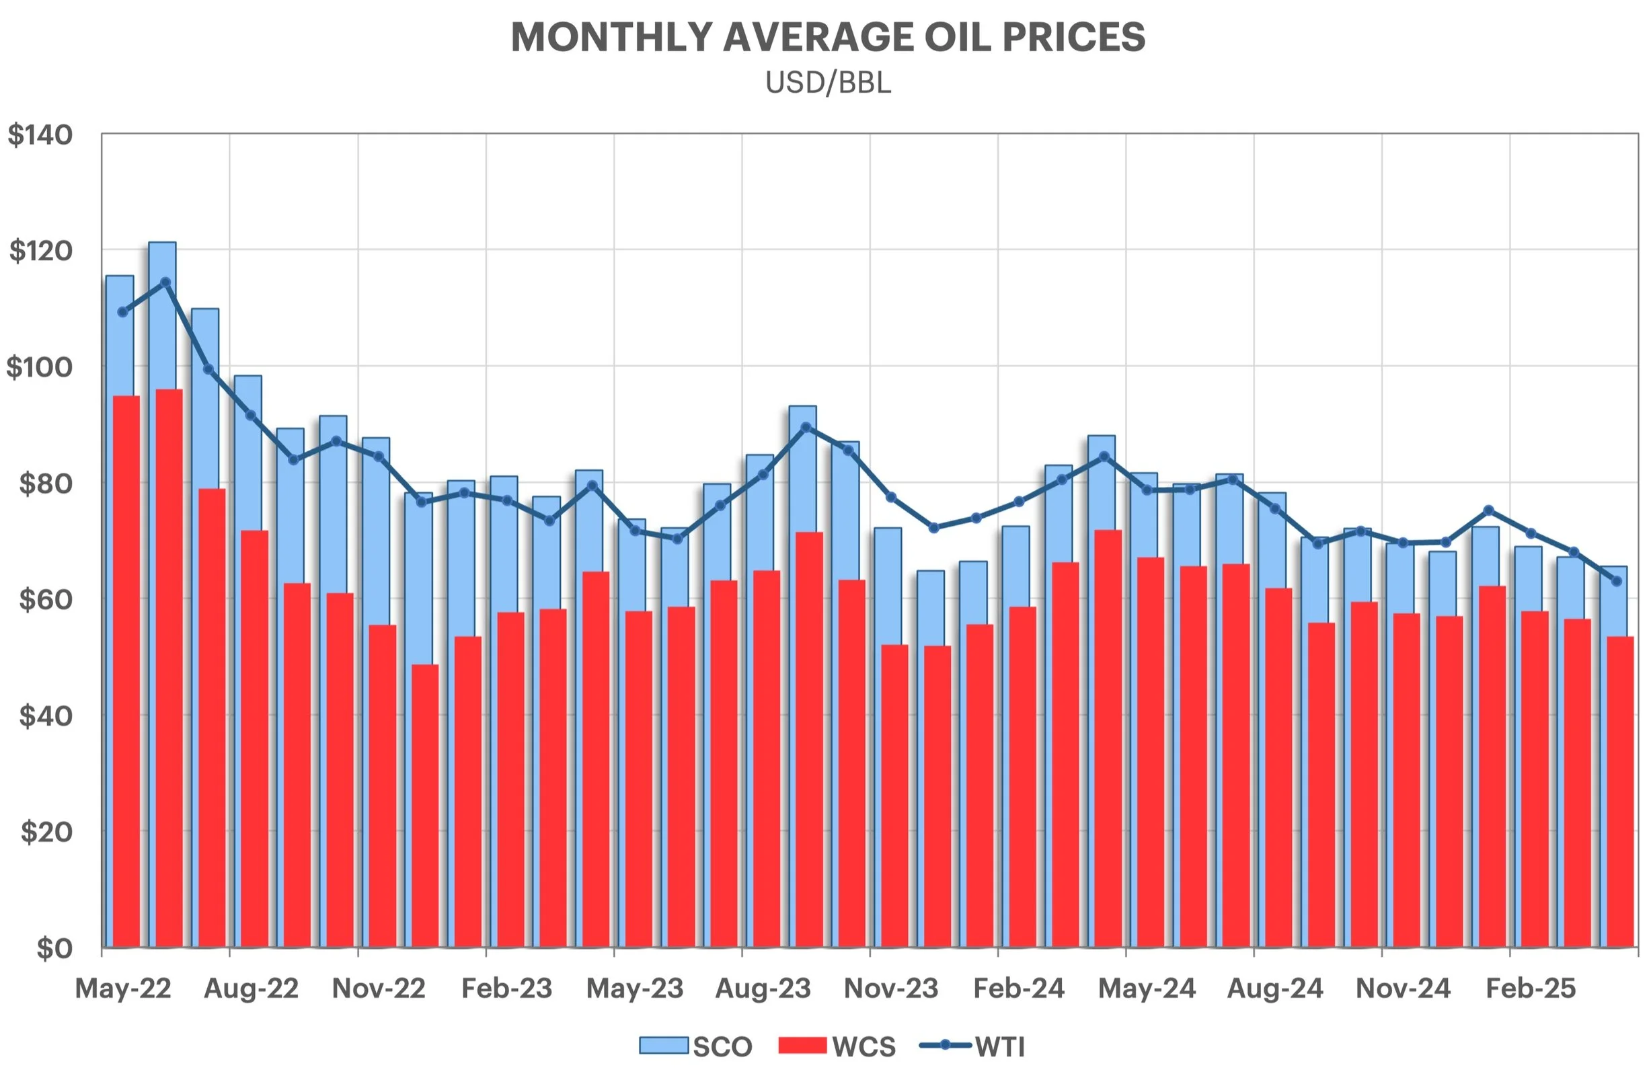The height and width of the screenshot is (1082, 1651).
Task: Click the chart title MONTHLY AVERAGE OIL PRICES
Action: (828, 38)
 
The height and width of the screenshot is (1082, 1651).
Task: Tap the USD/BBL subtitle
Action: (828, 83)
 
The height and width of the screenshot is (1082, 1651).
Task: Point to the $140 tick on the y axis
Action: (40, 135)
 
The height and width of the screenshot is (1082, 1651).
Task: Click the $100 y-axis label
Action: (40, 367)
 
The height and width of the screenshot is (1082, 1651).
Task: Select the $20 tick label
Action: (46, 832)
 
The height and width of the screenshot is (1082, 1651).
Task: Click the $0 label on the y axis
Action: (53, 948)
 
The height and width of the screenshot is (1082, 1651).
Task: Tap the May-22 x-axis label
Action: (123, 989)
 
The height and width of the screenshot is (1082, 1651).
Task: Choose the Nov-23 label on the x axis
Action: (890, 989)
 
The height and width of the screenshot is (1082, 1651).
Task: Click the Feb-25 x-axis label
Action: (1531, 989)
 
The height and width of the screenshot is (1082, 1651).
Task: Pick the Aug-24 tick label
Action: (1275, 989)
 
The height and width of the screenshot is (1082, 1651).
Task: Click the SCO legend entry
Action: (696, 1046)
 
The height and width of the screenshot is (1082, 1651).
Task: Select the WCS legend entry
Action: (837, 1046)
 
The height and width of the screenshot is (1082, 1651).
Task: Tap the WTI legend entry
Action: (971, 1046)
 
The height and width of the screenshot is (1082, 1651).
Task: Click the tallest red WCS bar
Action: (169, 666)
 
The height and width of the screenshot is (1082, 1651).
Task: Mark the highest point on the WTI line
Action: (165, 282)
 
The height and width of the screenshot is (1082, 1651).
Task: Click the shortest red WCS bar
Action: (425, 804)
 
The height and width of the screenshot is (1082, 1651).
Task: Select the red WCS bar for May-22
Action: (126, 669)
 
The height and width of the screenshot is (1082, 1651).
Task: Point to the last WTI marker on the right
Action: (1616, 581)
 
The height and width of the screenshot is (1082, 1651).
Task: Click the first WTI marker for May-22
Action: (123, 312)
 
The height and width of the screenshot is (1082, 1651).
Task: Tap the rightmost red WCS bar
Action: (1621, 791)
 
